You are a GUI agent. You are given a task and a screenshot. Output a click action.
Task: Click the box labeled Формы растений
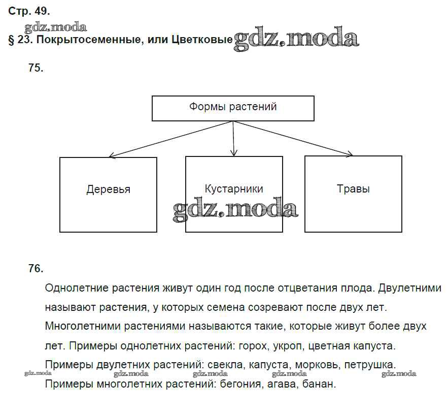pyautogui.click(x=233, y=108)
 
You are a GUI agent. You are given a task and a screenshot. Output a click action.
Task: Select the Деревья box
pyautogui.click(x=108, y=195)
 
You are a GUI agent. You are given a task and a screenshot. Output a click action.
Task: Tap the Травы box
pyautogui.click(x=353, y=194)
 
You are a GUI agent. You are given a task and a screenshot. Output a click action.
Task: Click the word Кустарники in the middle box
pyautogui.click(x=234, y=189)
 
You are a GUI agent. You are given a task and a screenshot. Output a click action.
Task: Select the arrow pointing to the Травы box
pyautogui.click(x=294, y=139)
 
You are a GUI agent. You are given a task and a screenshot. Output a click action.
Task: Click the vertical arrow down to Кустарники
pyautogui.click(x=233, y=138)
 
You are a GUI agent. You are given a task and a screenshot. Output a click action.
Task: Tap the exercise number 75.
pyautogui.click(x=36, y=69)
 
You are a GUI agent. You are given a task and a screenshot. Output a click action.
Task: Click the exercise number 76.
pyautogui.click(x=36, y=269)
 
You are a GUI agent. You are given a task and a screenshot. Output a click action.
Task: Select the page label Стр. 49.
pyautogui.click(x=29, y=11)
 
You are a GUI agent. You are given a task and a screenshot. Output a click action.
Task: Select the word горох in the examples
pyautogui.click(x=252, y=346)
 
